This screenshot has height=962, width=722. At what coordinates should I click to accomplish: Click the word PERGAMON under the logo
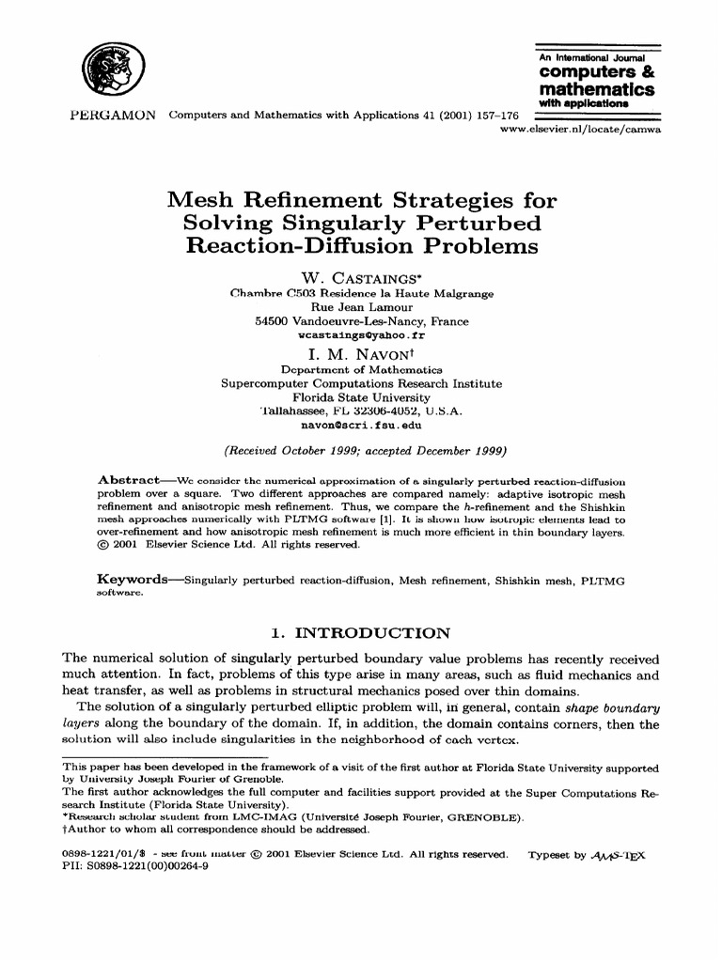[x=113, y=116]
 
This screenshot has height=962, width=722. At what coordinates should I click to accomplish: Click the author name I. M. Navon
[x=361, y=355]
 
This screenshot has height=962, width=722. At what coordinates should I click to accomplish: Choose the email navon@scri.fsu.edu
[x=361, y=425]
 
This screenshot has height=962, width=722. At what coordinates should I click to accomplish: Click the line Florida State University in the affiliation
[x=361, y=397]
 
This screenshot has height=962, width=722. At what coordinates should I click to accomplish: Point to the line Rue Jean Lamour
[x=361, y=307]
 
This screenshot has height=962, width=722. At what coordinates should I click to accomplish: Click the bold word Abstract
[x=132, y=480]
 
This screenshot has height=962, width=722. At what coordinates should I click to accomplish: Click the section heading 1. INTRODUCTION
[x=360, y=633]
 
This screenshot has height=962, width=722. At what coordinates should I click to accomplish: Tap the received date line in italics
[x=361, y=448]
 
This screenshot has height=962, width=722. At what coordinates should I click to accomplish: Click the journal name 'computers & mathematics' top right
[x=596, y=81]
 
